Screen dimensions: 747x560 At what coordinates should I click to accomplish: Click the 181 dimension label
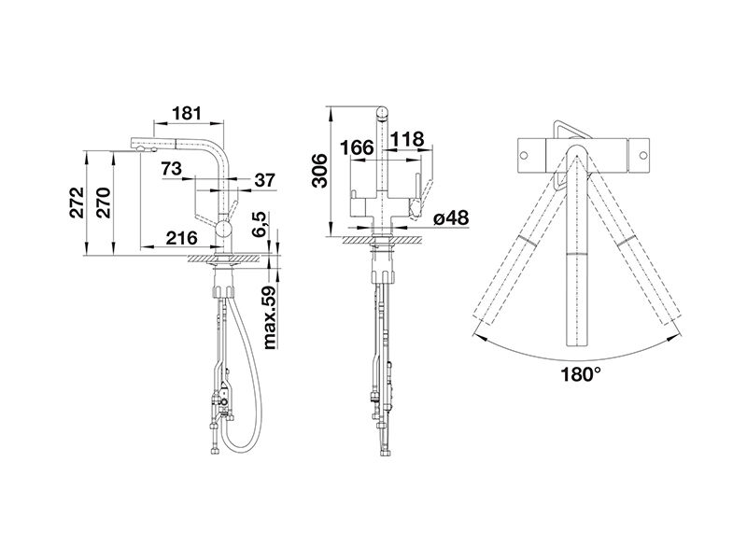(x=187, y=113)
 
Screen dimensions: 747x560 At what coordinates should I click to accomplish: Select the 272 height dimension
(x=78, y=203)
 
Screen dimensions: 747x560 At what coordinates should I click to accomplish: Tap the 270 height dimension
(x=105, y=203)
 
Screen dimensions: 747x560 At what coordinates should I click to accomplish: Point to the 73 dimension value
(x=171, y=169)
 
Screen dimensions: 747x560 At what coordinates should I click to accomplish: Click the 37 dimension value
(x=265, y=180)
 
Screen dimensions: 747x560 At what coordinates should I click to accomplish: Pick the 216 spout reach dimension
(x=181, y=238)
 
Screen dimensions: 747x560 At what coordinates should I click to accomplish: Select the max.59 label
(x=271, y=317)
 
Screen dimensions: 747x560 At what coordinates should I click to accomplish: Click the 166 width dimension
(x=357, y=147)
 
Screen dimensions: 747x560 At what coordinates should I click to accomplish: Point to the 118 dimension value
(x=407, y=139)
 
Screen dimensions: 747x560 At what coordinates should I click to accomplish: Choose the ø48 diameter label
(x=451, y=218)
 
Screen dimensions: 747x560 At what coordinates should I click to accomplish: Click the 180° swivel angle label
(x=580, y=375)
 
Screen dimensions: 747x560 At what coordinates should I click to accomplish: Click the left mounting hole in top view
(x=524, y=155)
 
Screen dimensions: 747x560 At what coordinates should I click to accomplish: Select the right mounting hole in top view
(x=642, y=155)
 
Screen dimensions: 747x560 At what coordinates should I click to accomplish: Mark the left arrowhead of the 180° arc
(x=479, y=338)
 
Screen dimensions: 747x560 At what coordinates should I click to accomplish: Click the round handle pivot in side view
(x=223, y=229)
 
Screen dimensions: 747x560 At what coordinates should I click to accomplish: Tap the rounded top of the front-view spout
(x=383, y=112)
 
